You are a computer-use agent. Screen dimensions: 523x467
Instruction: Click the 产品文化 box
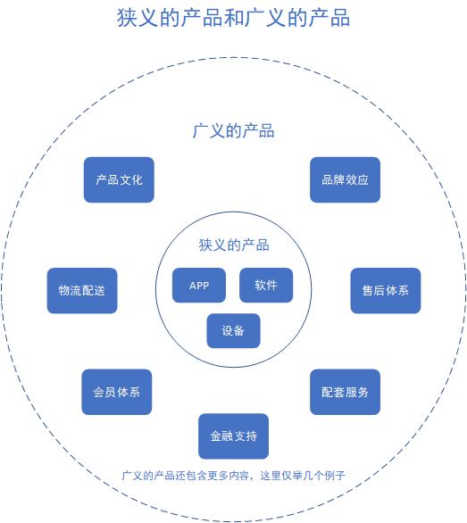119,179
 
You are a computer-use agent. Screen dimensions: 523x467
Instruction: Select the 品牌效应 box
345,179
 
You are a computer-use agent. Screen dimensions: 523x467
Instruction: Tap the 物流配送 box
82,290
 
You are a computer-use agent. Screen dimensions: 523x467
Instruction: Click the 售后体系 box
385,290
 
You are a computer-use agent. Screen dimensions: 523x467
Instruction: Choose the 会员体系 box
117,392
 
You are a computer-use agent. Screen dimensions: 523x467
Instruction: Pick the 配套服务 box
345,392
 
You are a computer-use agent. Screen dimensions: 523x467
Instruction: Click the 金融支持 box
233,436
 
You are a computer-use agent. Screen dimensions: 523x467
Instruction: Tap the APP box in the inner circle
199,286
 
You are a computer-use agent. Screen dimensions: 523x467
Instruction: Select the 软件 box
266,286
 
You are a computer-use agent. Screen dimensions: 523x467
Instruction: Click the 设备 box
233,330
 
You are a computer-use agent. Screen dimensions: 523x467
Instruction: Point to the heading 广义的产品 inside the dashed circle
233,131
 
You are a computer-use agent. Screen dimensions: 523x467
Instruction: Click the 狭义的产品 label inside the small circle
233,245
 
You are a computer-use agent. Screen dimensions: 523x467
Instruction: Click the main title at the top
233,18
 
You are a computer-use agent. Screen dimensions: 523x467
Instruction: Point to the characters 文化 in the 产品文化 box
130,179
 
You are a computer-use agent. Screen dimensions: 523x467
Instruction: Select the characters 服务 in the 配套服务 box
357,392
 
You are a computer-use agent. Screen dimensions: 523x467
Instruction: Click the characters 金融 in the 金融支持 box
221,436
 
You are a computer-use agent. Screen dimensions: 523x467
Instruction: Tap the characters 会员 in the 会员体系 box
104,392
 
